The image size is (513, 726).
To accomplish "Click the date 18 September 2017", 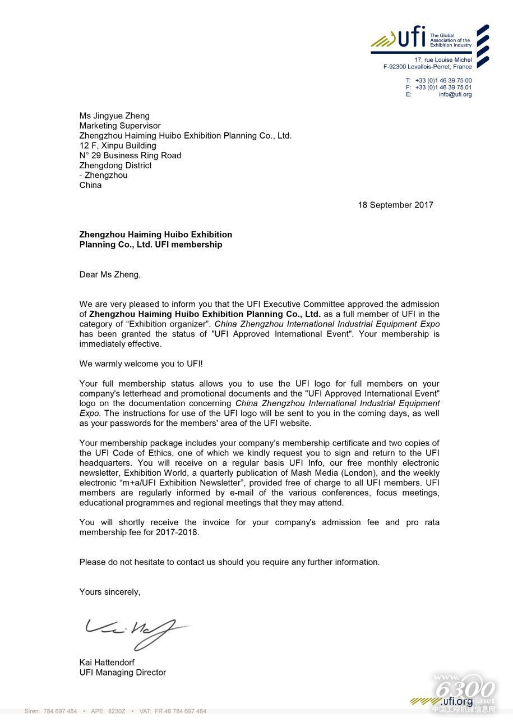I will tap(395, 205).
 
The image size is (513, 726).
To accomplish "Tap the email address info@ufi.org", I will tap(455, 94).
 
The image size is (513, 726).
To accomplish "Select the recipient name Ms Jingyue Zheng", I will tap(114, 116).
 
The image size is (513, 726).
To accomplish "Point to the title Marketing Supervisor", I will tap(120, 126).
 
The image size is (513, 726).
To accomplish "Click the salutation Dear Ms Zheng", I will tap(110, 274).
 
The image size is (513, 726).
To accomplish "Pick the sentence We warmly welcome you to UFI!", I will tap(141, 364).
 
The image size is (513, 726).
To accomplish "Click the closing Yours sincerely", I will tap(110, 591).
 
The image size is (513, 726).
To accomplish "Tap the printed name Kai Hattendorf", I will tap(107, 662).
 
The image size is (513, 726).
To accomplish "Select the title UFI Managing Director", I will tap(123, 672).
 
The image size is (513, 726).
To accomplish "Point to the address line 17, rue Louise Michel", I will tap(443, 59).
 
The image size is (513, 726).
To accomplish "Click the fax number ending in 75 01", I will tap(443, 88).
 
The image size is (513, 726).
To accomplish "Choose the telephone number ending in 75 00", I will tap(443, 81).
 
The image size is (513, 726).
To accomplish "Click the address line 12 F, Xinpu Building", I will tap(118, 145).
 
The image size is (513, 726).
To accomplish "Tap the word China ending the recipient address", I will tap(90, 185).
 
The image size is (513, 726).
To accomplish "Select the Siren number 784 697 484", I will tap(59, 711).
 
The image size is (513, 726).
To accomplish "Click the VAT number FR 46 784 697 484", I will tap(180, 711).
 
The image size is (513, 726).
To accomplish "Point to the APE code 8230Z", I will tap(117, 711).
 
